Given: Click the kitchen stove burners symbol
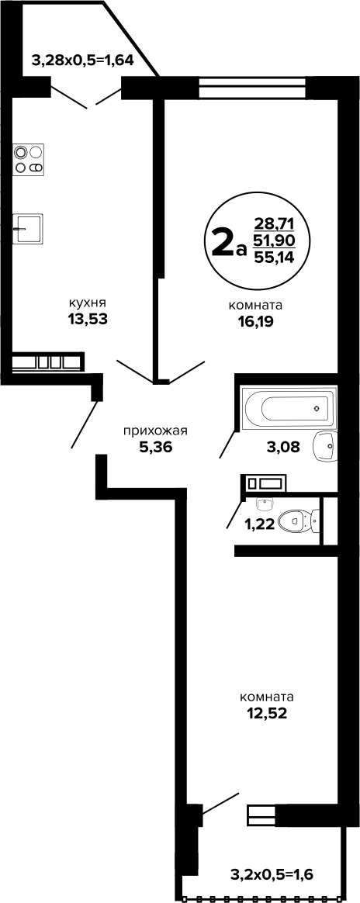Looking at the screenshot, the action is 29,160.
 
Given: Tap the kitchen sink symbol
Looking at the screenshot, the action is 28,229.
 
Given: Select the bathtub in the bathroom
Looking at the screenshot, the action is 289,409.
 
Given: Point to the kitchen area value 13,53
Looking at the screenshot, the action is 88,319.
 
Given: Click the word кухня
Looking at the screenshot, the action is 88,303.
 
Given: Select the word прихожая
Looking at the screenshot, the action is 155,431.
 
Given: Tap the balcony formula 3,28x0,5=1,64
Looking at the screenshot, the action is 83,60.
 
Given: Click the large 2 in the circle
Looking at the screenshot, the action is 223,244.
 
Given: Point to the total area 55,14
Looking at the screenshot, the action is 274,258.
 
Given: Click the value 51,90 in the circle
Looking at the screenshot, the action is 274,240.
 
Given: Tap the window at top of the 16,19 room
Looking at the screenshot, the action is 252,88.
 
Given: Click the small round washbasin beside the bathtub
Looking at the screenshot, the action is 325,445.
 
